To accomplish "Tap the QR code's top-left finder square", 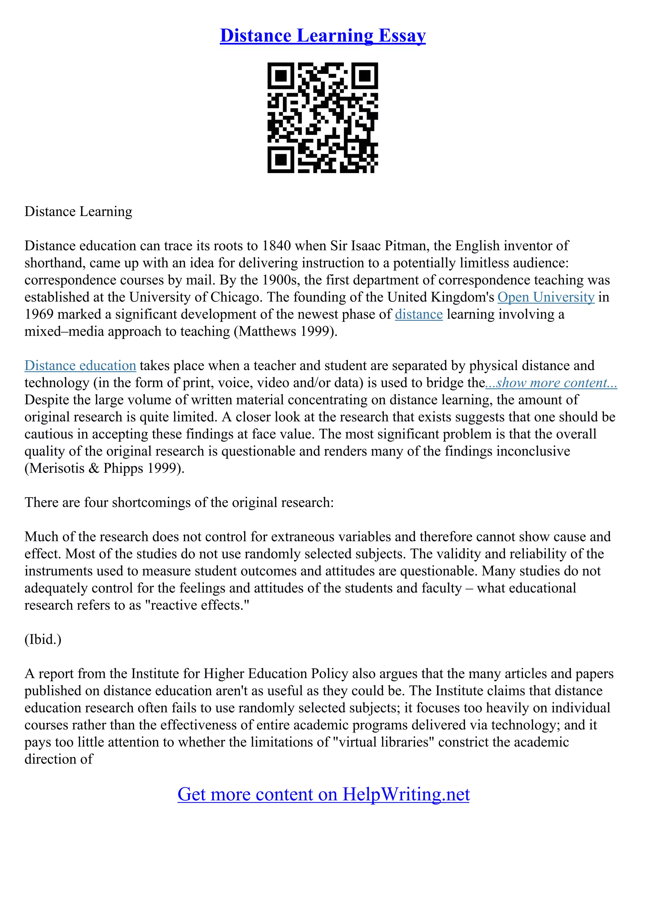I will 281,76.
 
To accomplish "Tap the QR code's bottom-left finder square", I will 281,159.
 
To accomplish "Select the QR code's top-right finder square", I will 365,76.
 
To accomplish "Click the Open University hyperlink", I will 546,297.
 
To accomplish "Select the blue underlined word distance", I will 419,314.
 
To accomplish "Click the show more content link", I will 551,383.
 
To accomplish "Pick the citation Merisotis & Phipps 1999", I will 104,468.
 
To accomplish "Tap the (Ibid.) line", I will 43,640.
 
